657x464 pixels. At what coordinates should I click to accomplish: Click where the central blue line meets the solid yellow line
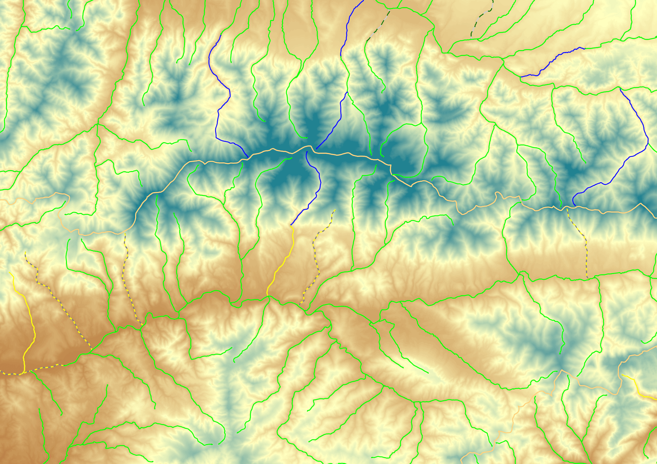291,226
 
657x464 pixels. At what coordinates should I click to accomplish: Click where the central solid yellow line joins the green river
268,296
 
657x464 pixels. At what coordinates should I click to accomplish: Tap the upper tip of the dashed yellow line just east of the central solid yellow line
335,210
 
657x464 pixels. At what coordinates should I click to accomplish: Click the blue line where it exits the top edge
363,1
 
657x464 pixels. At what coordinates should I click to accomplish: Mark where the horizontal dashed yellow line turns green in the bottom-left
64,365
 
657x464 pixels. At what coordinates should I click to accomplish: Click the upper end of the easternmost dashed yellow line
567,208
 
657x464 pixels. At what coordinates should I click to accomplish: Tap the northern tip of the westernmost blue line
221,35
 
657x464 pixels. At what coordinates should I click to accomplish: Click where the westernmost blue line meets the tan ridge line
248,158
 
